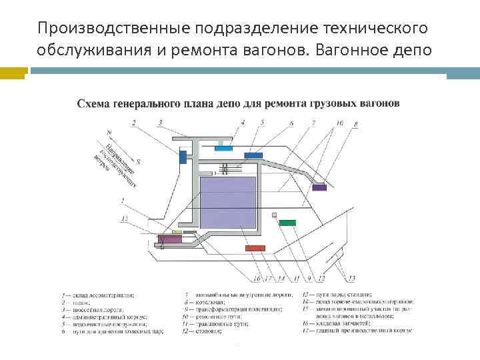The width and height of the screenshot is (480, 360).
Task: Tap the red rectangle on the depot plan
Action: (x=255, y=248)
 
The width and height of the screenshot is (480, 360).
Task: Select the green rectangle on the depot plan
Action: (x=287, y=222)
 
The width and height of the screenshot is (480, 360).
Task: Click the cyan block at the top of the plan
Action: (x=223, y=149)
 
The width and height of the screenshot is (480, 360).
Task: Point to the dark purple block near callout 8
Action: (x=319, y=187)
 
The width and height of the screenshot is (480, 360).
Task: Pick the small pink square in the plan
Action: (x=274, y=214)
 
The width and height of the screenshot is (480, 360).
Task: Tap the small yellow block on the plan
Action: (x=177, y=232)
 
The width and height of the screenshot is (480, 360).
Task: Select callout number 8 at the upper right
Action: (x=356, y=123)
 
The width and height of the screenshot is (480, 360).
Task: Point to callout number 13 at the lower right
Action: (x=351, y=277)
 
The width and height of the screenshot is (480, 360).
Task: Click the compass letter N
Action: (x=109, y=132)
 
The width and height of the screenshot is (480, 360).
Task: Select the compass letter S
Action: (x=137, y=161)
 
